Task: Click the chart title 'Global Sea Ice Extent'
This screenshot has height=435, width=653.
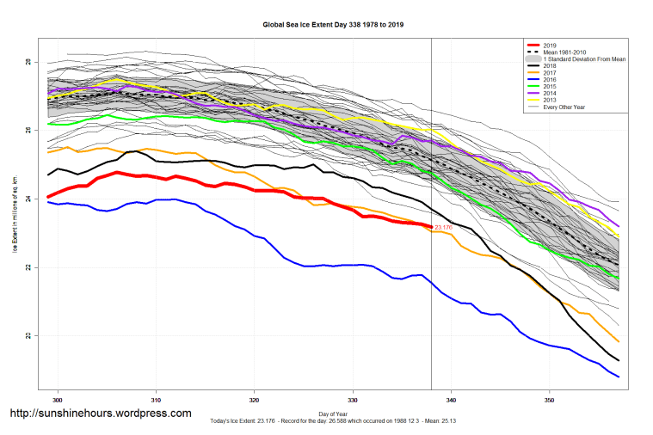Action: point(333,25)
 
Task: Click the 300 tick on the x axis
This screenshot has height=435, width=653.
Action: point(59,401)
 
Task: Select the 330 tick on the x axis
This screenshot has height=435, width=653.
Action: point(353,401)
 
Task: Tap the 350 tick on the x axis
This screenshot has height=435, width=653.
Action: point(550,401)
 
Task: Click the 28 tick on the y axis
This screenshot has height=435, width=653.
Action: point(28,63)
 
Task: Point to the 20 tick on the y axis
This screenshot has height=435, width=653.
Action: point(28,336)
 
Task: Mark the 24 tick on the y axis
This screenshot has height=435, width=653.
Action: point(28,199)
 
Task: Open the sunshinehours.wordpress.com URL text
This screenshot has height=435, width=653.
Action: point(100,414)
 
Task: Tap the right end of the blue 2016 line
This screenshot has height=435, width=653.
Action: point(619,377)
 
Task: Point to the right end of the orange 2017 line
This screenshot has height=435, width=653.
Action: point(619,341)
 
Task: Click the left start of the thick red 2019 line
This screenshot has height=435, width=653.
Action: point(48,197)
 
